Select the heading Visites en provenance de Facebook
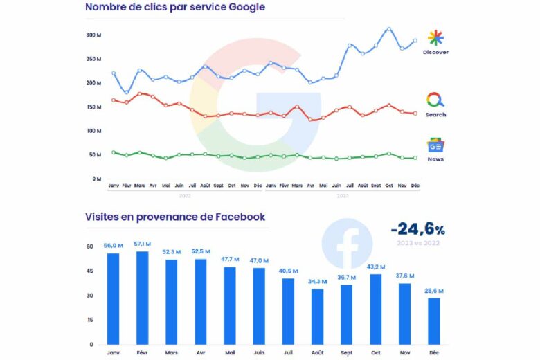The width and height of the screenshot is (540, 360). [x=175, y=217]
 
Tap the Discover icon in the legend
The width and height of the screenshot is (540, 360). [x=435, y=38]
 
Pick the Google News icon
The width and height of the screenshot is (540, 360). [x=435, y=146]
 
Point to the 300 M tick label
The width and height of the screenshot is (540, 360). [x=94, y=35]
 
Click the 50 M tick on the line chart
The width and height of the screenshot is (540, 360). [x=95, y=155]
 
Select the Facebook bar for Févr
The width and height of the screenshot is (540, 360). [x=143, y=298]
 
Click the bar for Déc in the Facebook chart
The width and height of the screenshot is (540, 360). [x=434, y=321]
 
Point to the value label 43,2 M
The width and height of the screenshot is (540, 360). [x=376, y=267]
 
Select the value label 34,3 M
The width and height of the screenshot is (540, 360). [x=318, y=281]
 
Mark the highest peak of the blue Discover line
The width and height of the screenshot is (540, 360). [x=389, y=29]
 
